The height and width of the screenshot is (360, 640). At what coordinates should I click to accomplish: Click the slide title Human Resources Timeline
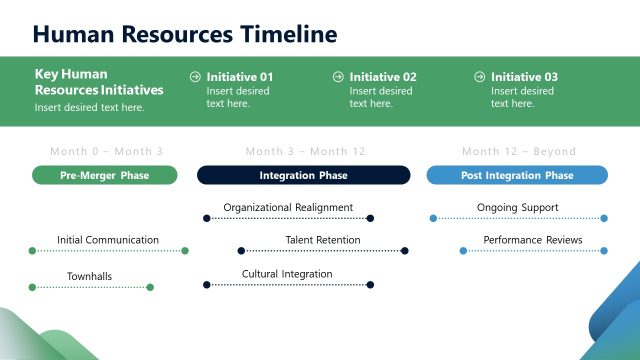click(184, 34)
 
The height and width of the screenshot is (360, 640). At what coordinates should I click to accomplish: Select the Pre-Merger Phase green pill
click(105, 175)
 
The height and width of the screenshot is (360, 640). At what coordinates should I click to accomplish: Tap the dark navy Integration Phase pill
click(303, 175)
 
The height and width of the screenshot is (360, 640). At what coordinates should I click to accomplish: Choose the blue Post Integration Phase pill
click(517, 175)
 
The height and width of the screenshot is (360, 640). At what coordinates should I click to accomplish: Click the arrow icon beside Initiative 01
click(196, 76)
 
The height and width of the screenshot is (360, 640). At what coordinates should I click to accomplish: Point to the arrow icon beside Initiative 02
click(338, 76)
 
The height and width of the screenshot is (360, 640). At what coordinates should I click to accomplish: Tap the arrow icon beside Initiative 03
click(481, 76)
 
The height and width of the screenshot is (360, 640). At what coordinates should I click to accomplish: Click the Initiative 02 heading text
click(383, 77)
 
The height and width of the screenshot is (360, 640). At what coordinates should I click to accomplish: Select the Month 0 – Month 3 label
click(106, 152)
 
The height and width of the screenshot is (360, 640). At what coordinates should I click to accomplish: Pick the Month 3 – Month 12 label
click(306, 152)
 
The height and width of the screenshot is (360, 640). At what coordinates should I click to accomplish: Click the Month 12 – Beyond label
click(519, 152)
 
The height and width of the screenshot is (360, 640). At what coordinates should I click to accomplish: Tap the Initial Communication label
click(108, 240)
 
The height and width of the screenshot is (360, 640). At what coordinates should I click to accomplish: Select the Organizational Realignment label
click(288, 208)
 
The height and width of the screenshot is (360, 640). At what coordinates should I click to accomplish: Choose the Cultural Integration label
click(287, 274)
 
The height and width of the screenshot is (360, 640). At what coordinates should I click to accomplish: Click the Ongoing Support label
click(518, 208)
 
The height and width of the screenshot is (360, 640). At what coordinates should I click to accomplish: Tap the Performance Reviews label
click(532, 240)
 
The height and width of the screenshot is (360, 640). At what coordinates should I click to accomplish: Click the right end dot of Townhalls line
click(150, 287)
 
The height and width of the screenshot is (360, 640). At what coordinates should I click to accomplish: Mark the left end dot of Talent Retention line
click(240, 251)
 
